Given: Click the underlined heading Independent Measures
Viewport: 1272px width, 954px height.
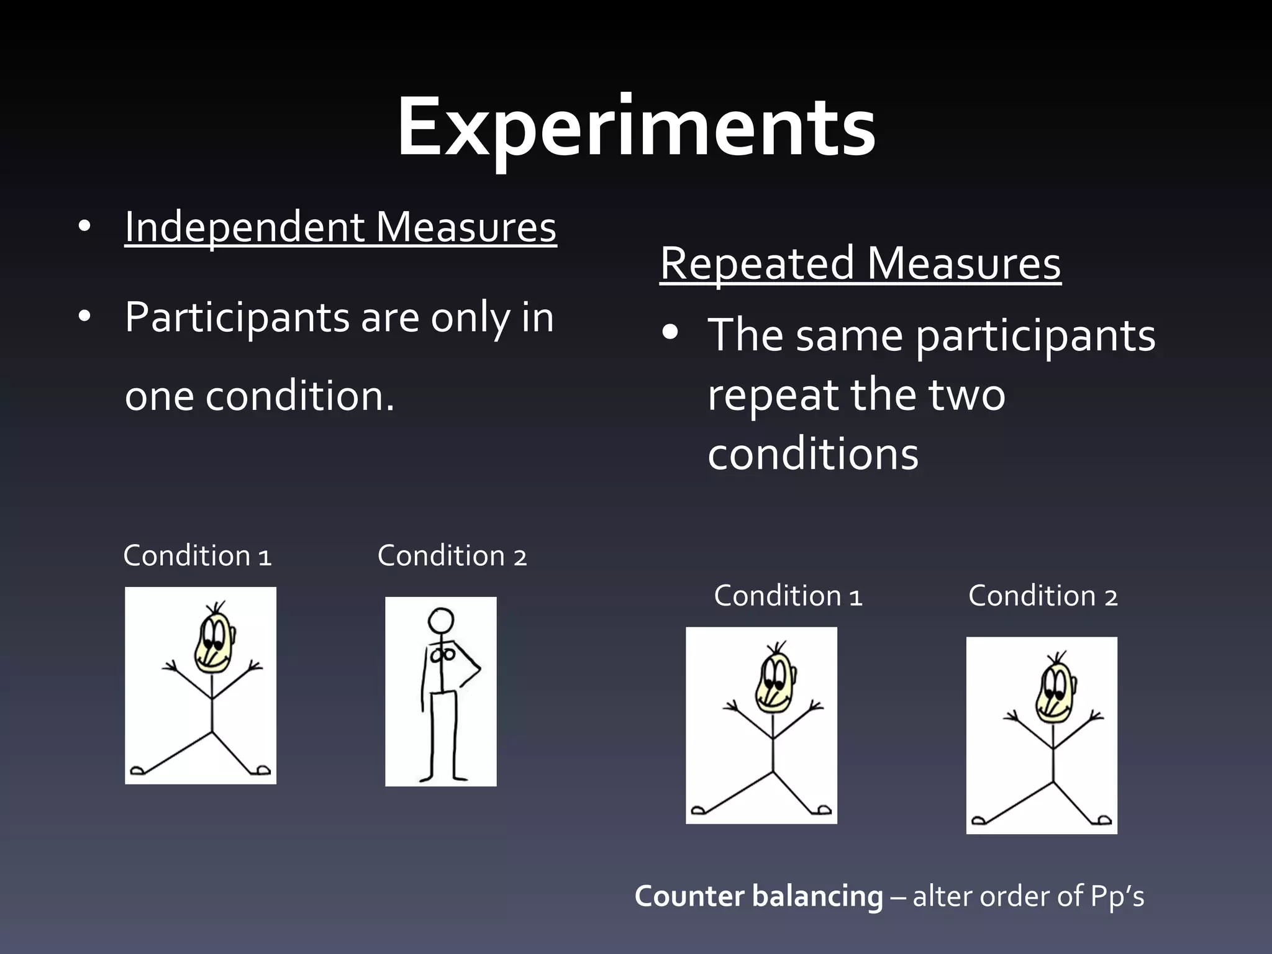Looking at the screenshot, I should (340, 227).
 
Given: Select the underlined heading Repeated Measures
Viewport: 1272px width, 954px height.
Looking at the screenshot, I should (860, 263).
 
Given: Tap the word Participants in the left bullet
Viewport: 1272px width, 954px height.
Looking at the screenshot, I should (237, 318).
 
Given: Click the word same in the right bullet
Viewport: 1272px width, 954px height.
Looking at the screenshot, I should (849, 335).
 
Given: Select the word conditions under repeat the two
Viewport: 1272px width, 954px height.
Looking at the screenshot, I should (813, 454).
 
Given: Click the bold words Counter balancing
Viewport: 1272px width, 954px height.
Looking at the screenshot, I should (758, 896).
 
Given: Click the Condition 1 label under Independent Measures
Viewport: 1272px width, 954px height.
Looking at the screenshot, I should (198, 556).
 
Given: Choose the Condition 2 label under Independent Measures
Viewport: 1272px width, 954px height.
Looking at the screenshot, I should (452, 556).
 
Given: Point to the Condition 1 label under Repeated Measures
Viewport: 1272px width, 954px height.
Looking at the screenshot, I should (788, 596).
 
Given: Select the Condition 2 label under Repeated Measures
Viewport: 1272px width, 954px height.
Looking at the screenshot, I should (1043, 596).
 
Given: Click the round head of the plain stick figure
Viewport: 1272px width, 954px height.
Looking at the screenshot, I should (441, 620).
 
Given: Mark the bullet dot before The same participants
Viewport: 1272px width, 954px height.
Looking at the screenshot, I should (670, 334).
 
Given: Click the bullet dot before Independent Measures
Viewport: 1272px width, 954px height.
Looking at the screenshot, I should (85, 227).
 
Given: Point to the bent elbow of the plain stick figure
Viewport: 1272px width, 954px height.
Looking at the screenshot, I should (479, 670).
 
